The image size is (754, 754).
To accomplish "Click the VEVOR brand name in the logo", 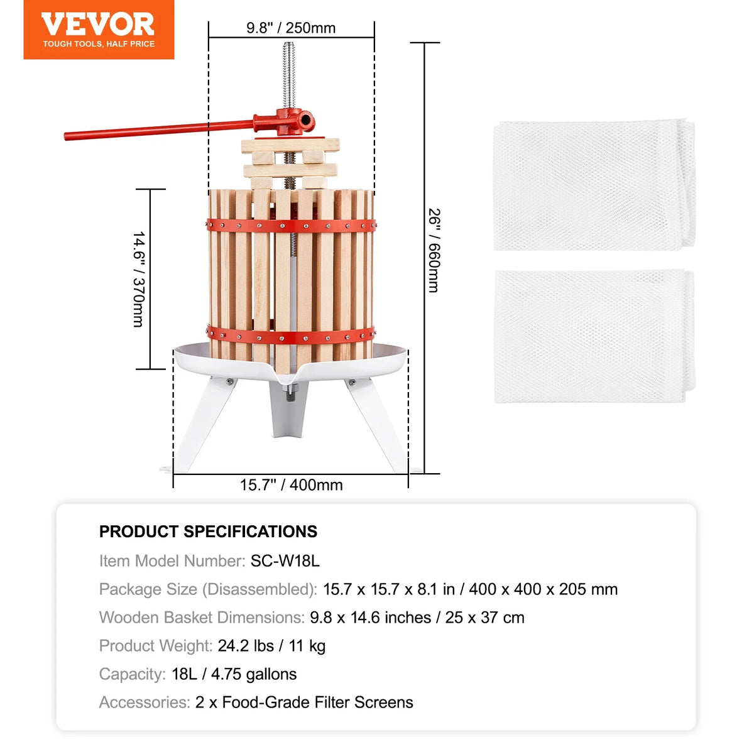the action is point(98,25).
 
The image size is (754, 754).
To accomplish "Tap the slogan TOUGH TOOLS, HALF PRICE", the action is point(99,44).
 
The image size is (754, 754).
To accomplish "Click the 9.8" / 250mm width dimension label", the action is point(291,28).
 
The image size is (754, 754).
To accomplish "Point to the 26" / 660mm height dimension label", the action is point(434,251).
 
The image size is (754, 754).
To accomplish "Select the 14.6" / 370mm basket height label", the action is point(139,279).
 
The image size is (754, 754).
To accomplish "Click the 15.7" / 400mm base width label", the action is point(291,485).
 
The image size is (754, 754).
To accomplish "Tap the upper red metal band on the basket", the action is point(291,226).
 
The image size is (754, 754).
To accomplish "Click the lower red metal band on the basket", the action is point(291,336).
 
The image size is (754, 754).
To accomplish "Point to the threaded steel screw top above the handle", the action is point(289,75).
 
